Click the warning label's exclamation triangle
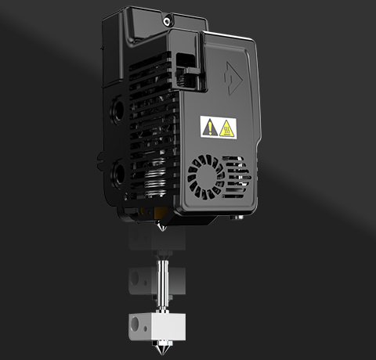click(x=210, y=126)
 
